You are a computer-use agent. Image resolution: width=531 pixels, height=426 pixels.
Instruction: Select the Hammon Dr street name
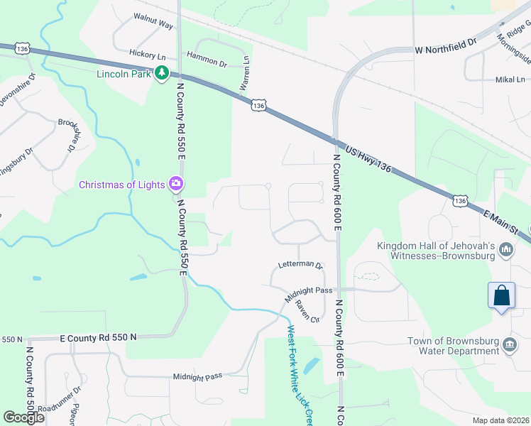(x=206, y=63)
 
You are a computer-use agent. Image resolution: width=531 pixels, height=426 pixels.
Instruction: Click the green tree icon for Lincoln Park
(x=162, y=72)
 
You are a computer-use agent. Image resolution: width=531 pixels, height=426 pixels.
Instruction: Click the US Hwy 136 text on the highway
(x=369, y=158)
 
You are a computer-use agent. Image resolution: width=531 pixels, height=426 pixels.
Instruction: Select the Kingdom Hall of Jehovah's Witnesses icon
(x=507, y=249)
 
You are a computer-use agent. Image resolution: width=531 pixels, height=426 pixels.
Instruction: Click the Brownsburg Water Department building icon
(x=509, y=345)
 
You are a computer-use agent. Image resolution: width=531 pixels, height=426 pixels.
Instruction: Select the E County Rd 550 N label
(x=98, y=339)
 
